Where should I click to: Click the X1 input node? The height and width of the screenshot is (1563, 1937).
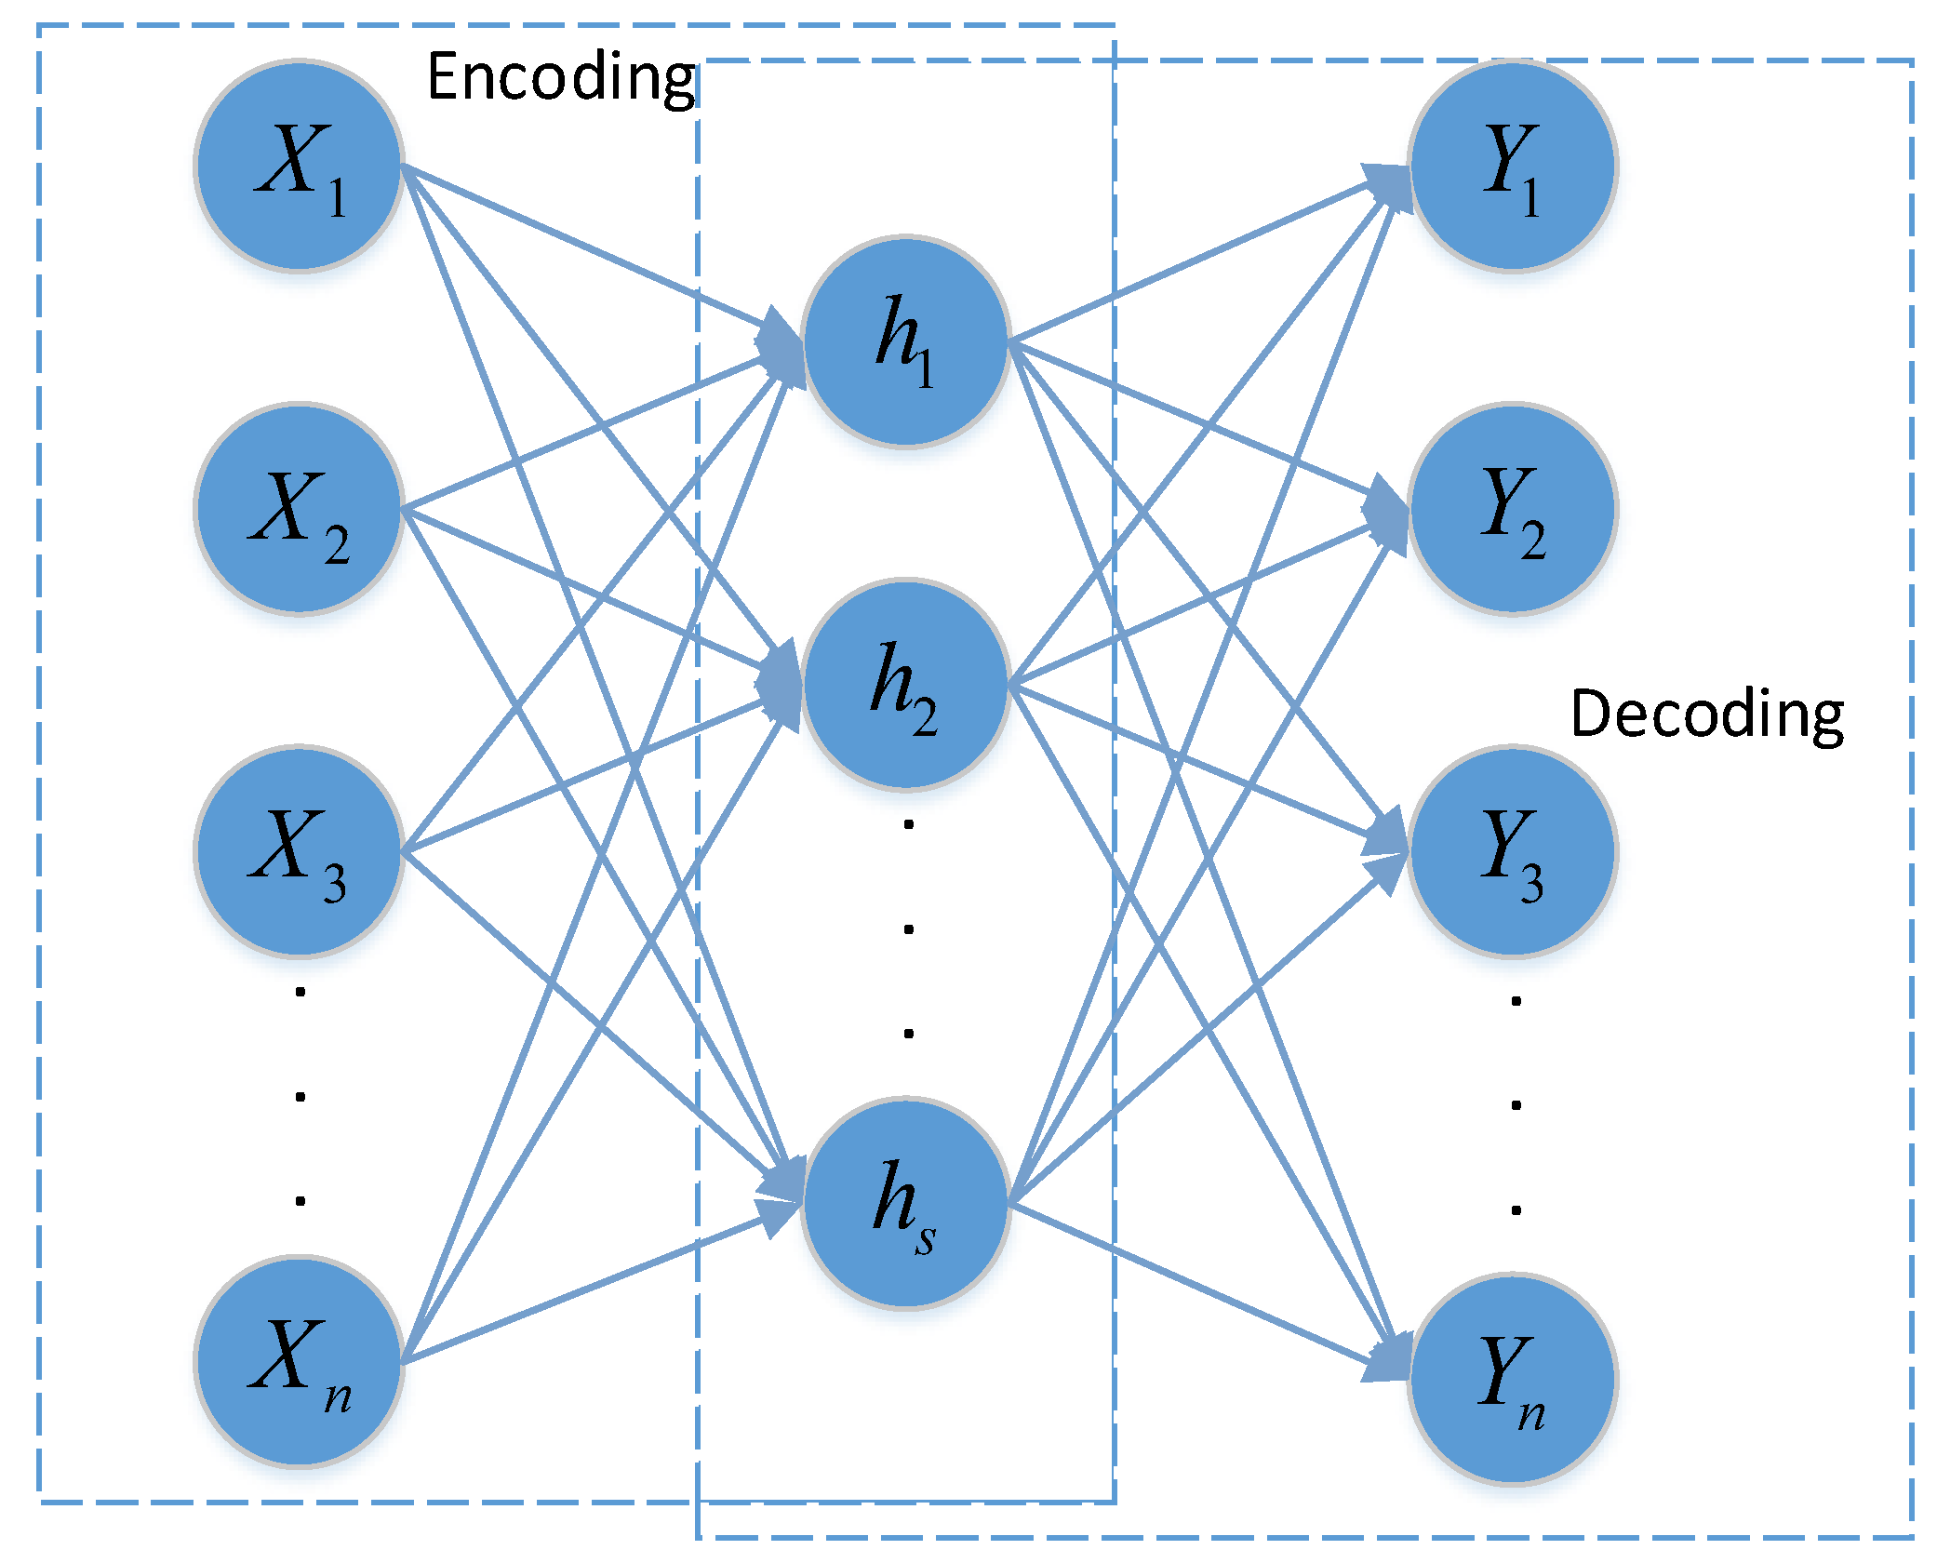[x=299, y=166]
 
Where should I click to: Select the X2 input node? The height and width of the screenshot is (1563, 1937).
[x=299, y=509]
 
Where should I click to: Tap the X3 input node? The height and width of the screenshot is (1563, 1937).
[x=299, y=850]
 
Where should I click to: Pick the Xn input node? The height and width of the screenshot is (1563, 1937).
[x=299, y=1361]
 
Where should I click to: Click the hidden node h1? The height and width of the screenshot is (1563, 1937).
[x=905, y=341]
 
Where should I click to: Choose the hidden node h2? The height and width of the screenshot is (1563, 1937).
[x=905, y=685]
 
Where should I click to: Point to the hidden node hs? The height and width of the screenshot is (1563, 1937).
[x=905, y=1203]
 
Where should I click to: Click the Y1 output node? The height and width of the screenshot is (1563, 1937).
[x=1513, y=166]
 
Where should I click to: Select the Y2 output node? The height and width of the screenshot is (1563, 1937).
[x=1513, y=509]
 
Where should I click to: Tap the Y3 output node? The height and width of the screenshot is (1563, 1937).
[x=1513, y=850]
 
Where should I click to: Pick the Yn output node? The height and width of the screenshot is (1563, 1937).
[x=1513, y=1378]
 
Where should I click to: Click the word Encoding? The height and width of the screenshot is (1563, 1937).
[x=560, y=78]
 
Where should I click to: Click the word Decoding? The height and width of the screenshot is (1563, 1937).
[x=1707, y=715]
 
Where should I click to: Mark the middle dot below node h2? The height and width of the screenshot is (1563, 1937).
[x=908, y=928]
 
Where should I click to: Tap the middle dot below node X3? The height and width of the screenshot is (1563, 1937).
[x=300, y=1096]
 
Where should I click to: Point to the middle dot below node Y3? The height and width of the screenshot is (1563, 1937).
[x=1516, y=1105]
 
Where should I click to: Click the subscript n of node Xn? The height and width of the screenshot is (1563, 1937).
[x=338, y=1397]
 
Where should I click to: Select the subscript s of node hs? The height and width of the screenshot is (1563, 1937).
[x=924, y=1240]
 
